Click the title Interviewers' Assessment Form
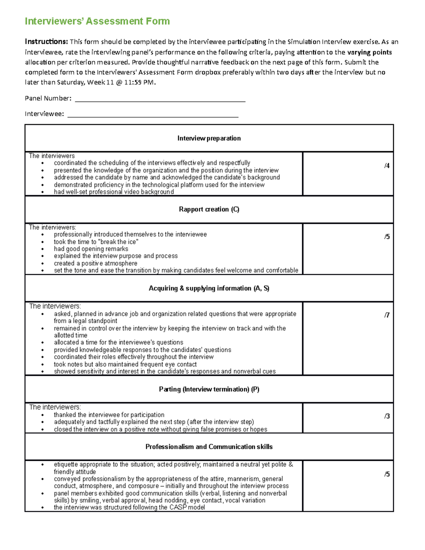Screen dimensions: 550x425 [x=97, y=21]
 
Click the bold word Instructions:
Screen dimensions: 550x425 [x=46, y=42]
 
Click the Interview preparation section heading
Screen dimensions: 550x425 [x=209, y=138]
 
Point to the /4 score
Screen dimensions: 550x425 [x=387, y=166]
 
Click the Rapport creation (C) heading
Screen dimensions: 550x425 [x=209, y=210]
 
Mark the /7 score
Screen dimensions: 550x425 [x=387, y=315]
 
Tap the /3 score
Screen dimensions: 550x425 [x=387, y=416]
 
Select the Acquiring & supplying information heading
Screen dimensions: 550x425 [x=209, y=288]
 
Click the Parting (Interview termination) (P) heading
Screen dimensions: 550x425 [x=209, y=390]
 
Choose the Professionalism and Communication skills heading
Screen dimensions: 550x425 [x=209, y=447]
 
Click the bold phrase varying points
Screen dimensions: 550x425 [x=369, y=52]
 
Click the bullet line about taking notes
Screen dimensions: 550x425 [x=125, y=364]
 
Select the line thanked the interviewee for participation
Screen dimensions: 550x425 [x=109, y=415]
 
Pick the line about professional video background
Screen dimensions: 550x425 [x=114, y=192]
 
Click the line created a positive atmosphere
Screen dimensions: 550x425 [x=96, y=263]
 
